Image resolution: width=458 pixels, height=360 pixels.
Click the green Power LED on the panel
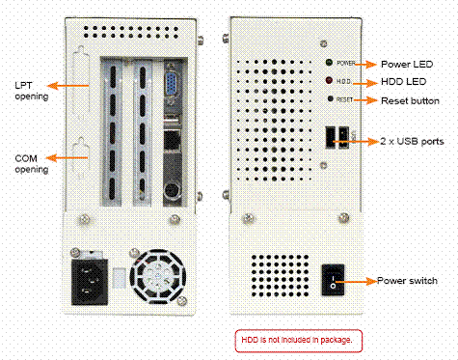(329, 63)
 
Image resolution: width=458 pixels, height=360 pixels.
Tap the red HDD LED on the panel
(329, 80)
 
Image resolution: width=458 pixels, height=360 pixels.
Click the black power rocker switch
(334, 280)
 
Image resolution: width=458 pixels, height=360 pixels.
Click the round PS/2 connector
(171, 191)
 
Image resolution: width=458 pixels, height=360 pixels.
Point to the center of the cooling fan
(158, 277)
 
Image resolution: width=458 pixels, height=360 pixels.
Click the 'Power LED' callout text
(407, 65)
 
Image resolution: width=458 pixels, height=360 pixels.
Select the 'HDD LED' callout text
(403, 82)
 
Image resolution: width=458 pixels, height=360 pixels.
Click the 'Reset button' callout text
(410, 101)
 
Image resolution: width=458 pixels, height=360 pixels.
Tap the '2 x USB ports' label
(412, 141)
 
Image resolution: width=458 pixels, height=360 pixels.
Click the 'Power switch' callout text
(407, 281)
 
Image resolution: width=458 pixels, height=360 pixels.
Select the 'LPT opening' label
(32, 91)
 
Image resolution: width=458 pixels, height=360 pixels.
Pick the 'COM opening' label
(32, 164)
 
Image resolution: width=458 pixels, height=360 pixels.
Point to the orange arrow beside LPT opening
(67, 86)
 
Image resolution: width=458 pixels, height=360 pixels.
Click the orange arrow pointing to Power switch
(355, 282)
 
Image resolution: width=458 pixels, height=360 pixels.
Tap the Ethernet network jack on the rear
(172, 140)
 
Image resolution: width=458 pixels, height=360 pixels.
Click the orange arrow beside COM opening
(67, 157)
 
